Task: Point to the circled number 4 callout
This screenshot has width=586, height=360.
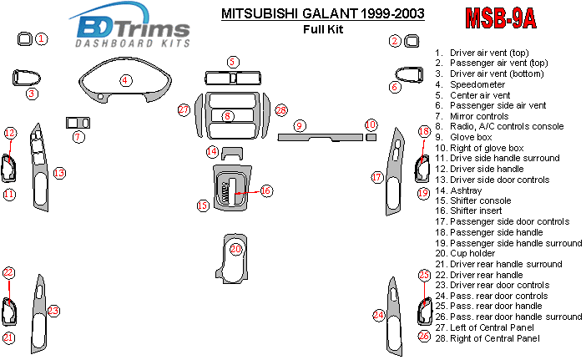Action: tap(125, 81)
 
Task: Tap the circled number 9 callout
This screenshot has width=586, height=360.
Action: tap(299, 125)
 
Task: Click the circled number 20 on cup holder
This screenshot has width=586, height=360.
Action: tap(236, 249)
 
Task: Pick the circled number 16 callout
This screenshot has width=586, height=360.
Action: tap(265, 190)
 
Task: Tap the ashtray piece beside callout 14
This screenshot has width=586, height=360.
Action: tap(231, 153)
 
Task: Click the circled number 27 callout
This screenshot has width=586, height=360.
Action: tap(183, 110)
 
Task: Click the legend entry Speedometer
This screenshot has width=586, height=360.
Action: tap(477, 84)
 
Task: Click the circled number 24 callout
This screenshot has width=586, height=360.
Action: tap(378, 315)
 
